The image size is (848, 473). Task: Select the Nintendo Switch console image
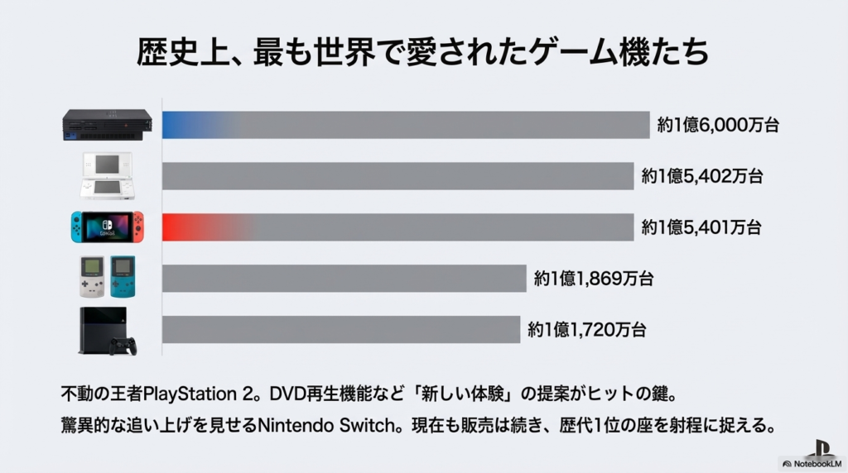(107, 227)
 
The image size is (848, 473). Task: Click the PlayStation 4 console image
(106, 328)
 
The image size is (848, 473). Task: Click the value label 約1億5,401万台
(701, 227)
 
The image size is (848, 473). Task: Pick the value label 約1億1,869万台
(594, 279)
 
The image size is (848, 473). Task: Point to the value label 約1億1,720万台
(586, 330)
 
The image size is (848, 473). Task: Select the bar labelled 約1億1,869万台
(344, 279)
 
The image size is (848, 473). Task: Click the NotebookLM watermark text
(817, 464)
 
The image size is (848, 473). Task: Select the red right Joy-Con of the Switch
(138, 226)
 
